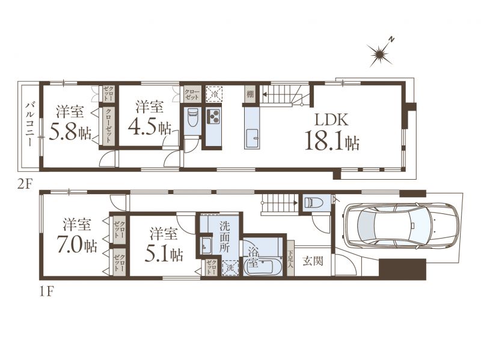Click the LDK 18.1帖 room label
[x=332, y=132]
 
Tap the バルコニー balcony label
[x=29, y=124]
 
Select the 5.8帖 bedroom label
[x=70, y=123]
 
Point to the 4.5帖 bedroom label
[x=149, y=118]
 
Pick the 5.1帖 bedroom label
[x=164, y=245]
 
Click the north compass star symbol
[x=381, y=53]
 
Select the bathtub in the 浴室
[x=262, y=267]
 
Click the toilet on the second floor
[x=192, y=117]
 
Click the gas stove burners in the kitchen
[x=214, y=116]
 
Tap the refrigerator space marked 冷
[x=213, y=94]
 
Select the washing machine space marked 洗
[x=230, y=267]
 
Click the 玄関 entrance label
[x=313, y=261]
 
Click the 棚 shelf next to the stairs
[x=251, y=94]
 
